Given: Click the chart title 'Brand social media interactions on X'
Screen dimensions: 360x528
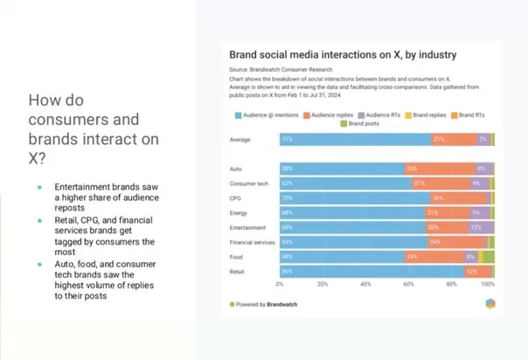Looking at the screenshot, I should (x=343, y=54).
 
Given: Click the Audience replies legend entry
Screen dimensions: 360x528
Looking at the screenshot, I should (x=331, y=115).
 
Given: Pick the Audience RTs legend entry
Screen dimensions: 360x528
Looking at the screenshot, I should (x=386, y=115).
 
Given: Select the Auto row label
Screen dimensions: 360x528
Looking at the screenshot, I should (x=236, y=169).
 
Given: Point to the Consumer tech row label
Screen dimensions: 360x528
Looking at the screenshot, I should (x=249, y=183).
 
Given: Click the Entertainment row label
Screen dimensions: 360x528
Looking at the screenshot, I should (x=247, y=227).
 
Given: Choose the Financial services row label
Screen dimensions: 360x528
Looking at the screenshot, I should (x=252, y=242).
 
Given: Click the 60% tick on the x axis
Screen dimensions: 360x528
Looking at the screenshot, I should (x=408, y=285).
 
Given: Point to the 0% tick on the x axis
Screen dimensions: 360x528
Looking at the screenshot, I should (x=280, y=285).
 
